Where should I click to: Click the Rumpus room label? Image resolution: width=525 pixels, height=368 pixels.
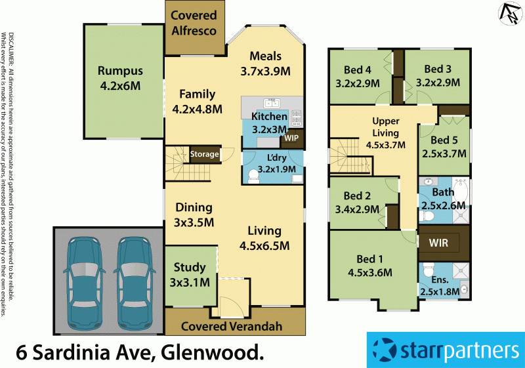click(120, 78)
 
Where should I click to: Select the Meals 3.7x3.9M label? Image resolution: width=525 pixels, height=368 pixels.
click(266, 64)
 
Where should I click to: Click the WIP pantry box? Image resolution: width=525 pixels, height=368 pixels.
click(291, 138)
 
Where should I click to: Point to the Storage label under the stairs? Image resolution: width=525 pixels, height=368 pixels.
click(203, 154)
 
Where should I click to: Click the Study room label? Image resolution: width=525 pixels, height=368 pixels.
click(190, 275)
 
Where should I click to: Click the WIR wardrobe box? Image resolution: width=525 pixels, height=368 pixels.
click(438, 243)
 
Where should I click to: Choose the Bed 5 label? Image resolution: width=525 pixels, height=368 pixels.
click(444, 147)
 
